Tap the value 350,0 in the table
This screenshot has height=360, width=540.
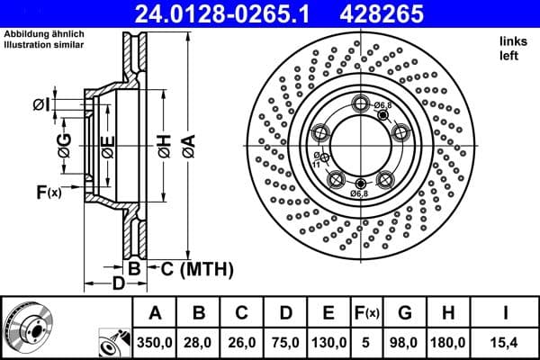click(x=154, y=342)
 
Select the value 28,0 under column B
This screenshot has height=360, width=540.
click(x=198, y=342)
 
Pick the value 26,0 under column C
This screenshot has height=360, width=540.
click(x=241, y=342)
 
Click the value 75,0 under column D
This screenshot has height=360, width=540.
click(x=285, y=342)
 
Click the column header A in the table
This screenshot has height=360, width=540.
click(x=154, y=313)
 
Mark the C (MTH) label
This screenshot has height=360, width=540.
click(x=197, y=268)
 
